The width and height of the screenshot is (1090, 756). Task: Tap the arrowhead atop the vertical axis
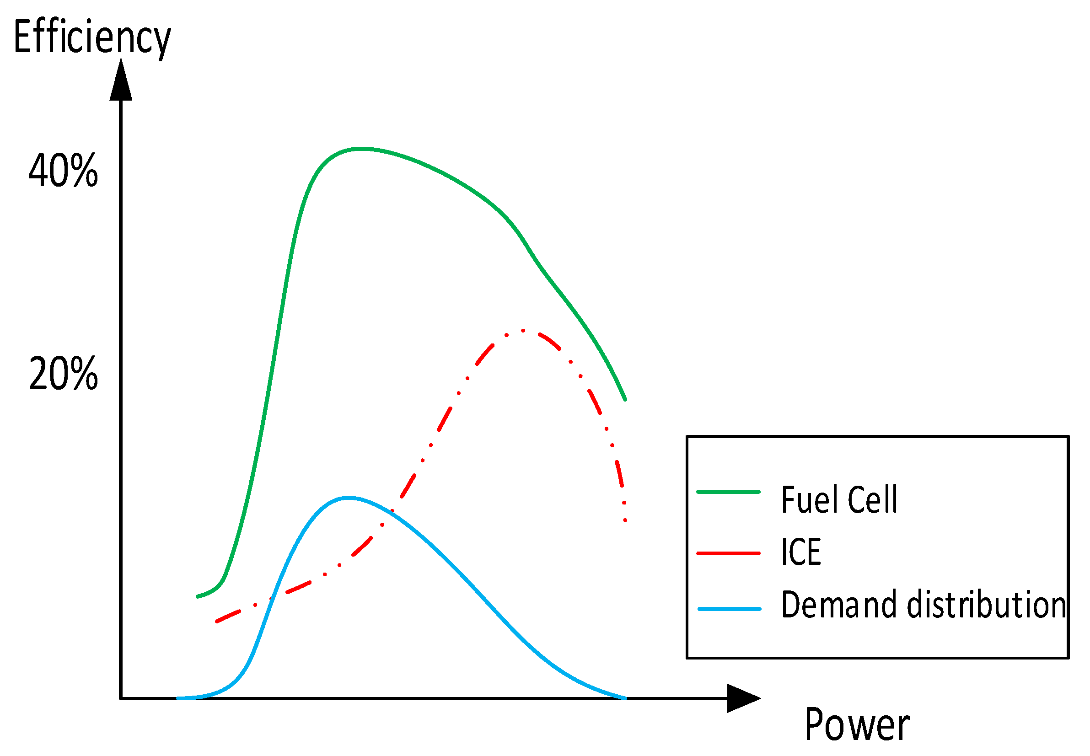tap(121, 80)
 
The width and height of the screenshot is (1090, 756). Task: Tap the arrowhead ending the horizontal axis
tap(742, 698)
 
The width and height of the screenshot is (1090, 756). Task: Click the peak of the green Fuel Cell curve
tap(361, 149)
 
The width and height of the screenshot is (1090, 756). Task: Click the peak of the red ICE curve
tap(523, 331)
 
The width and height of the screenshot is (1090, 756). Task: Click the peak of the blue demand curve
tap(349, 498)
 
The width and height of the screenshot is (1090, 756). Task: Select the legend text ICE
tap(800, 552)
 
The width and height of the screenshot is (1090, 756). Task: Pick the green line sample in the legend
tap(729, 492)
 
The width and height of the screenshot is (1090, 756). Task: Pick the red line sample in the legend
tap(729, 553)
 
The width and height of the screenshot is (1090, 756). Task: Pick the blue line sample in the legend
tap(729, 609)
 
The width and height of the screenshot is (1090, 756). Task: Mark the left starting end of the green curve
tap(198, 596)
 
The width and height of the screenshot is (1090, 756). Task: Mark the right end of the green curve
tap(625, 399)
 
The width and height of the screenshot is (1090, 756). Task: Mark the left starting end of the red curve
tap(217, 621)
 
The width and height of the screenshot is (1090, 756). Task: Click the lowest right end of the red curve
tap(625, 520)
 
